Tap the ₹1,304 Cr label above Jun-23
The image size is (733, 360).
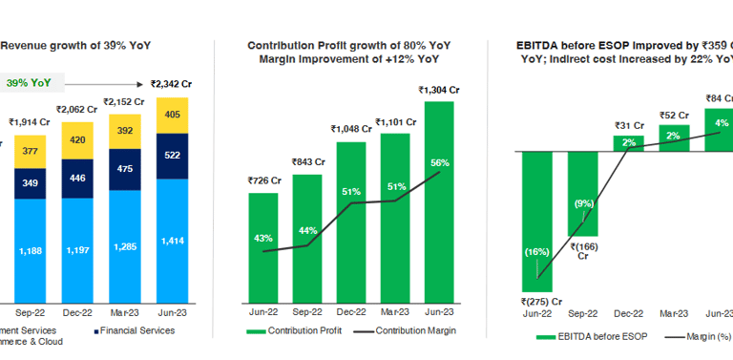click(x=438, y=90)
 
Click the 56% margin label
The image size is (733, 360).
click(x=438, y=162)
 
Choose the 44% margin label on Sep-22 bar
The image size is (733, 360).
click(x=306, y=231)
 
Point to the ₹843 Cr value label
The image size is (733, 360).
click(x=306, y=160)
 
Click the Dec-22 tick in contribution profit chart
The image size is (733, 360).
click(x=350, y=311)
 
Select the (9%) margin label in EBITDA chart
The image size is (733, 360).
click(x=583, y=203)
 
